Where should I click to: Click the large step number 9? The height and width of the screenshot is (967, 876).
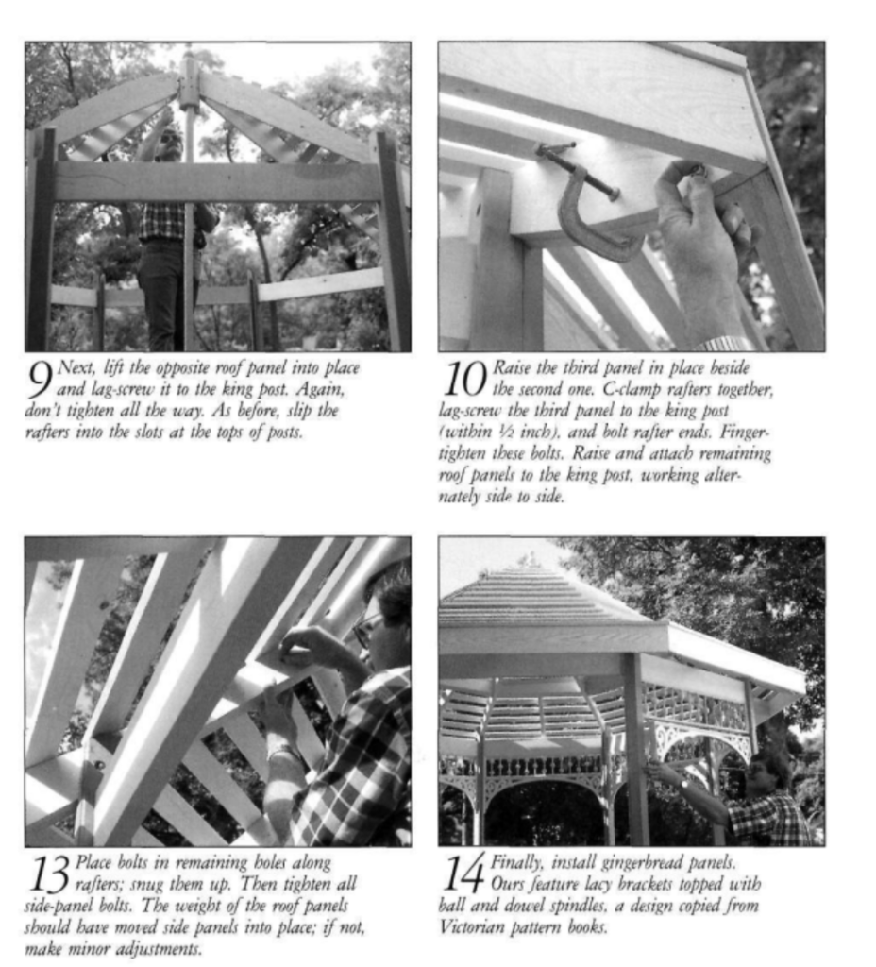(41, 379)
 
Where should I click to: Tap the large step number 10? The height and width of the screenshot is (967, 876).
(465, 379)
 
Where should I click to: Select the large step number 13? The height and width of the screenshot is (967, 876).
(48, 874)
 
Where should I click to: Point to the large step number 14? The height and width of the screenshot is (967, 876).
(463, 874)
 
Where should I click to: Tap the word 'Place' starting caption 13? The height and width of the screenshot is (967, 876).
(93, 862)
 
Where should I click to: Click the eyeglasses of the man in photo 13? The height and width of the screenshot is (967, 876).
(364, 630)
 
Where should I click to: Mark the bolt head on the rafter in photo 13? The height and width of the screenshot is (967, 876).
(96, 765)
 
